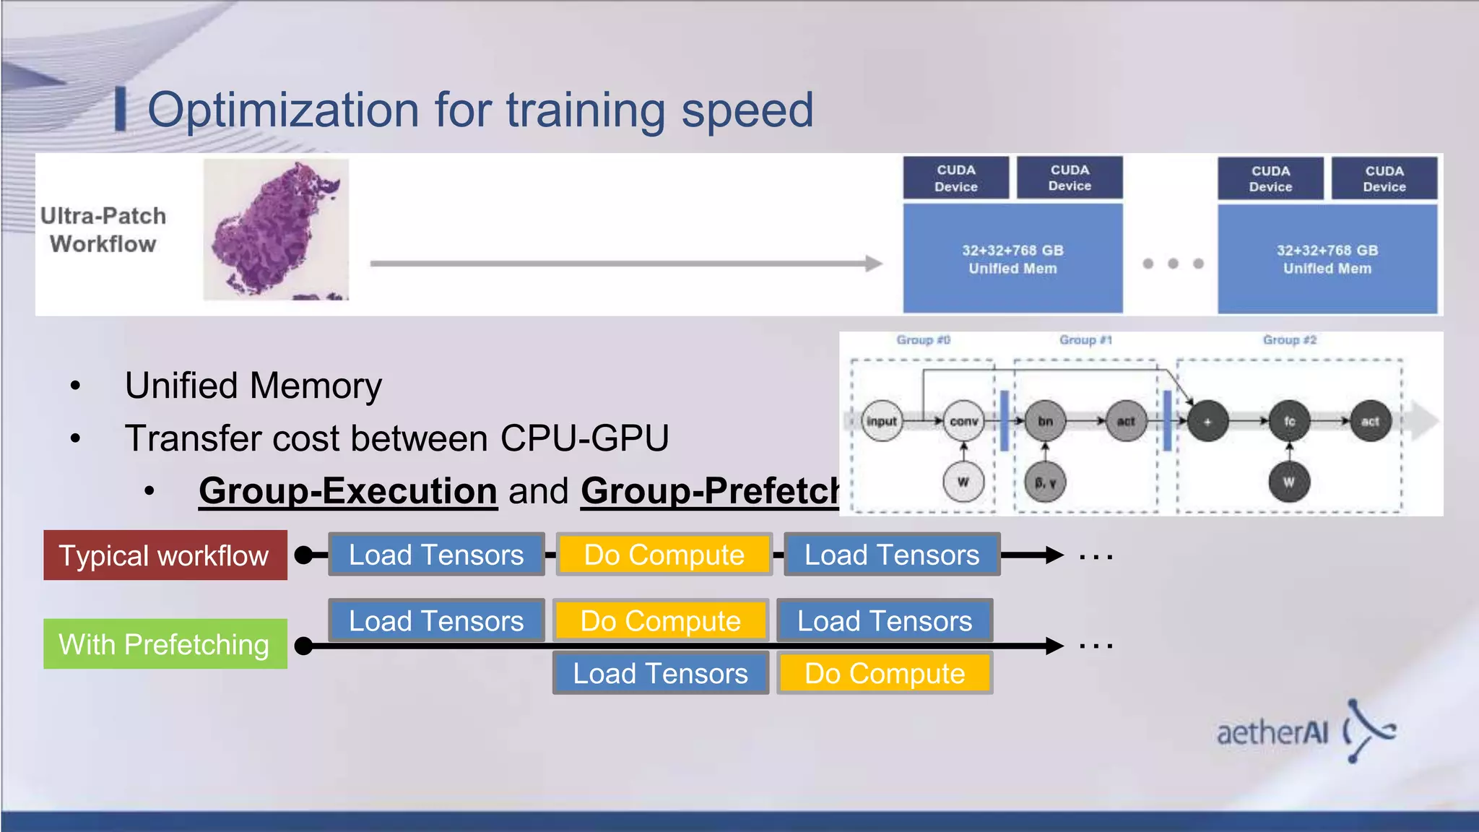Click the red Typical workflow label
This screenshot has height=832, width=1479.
pos(165,555)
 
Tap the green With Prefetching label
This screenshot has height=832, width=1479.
pos(165,643)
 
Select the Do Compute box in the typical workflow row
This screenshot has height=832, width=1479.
pos(664,555)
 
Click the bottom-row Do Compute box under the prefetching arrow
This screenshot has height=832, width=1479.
pos(885,673)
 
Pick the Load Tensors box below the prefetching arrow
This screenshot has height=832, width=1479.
pos(660,673)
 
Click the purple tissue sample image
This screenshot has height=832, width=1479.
pos(275,230)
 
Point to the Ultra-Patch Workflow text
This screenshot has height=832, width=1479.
pos(103,230)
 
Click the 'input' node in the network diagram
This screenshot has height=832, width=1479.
pos(881,421)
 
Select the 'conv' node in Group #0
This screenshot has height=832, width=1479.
pos(963,421)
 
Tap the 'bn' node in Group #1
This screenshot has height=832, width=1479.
pos(1045,421)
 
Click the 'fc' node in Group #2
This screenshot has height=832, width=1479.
pos(1289,421)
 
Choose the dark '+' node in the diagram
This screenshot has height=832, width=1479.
pos(1207,421)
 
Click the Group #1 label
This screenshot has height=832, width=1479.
pos(1085,339)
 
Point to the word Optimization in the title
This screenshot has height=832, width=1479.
pos(283,110)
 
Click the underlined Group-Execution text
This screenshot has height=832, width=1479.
pos(348,491)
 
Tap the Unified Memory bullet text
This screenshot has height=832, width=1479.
pos(253,386)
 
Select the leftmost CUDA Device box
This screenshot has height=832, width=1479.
pos(955,178)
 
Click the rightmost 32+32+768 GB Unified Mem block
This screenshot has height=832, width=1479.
pos(1327,259)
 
